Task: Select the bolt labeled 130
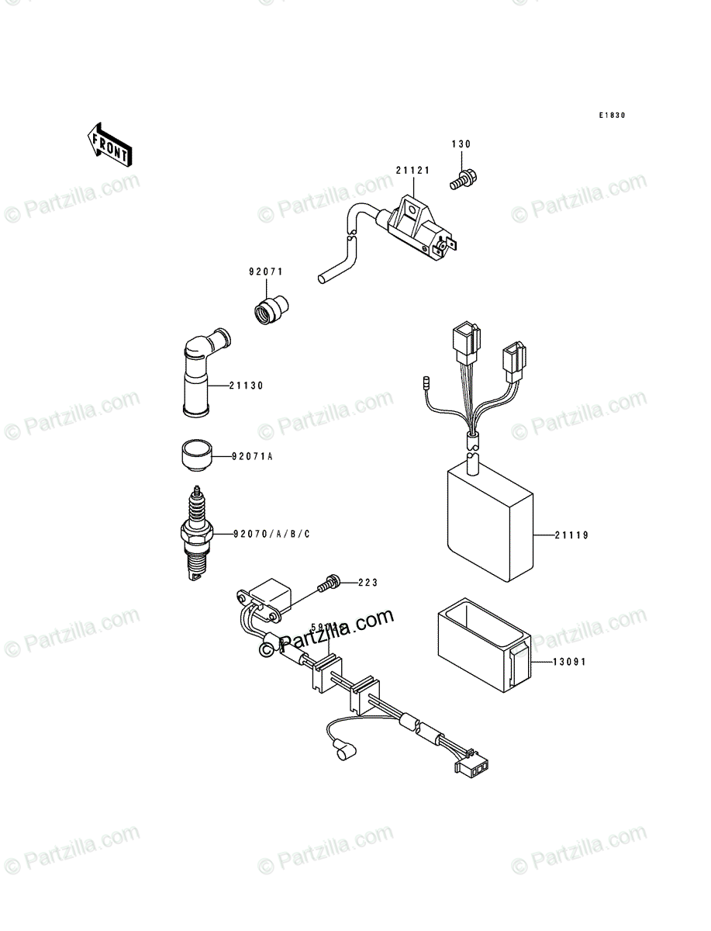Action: click(461, 180)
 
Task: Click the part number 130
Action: click(461, 144)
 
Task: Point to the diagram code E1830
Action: click(611, 116)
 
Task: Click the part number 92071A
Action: click(251, 456)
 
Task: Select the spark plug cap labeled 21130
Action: click(202, 372)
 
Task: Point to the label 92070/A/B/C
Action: click(271, 534)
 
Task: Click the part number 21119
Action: click(571, 535)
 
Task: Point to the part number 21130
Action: click(249, 385)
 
